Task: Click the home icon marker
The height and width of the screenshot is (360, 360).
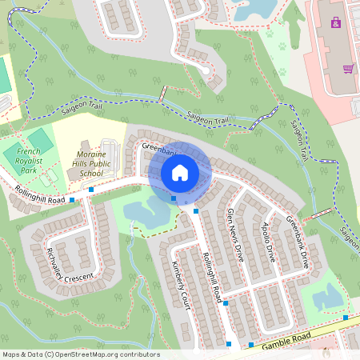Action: (x=180, y=173)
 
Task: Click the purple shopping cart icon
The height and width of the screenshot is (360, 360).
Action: (x=348, y=69)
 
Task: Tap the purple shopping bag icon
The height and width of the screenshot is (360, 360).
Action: (x=335, y=22)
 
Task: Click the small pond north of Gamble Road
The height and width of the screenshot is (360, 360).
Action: (x=329, y=298)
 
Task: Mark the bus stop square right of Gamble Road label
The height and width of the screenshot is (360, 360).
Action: (x=346, y=318)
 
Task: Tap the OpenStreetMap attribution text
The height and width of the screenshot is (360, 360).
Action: (x=80, y=354)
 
